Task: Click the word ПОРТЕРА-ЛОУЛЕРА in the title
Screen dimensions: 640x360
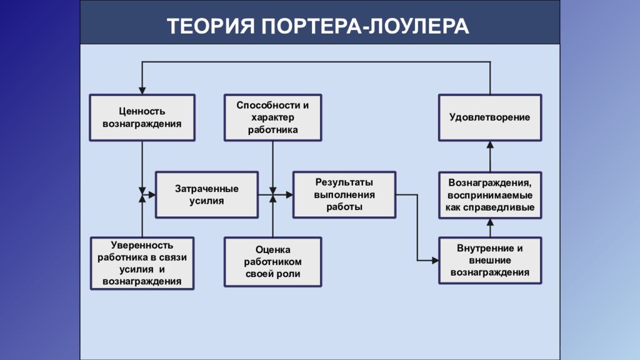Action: (365, 26)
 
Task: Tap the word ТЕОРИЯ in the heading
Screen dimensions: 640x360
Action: (211, 26)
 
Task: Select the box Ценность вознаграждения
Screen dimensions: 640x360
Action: (142, 117)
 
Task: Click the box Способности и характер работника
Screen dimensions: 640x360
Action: (272, 117)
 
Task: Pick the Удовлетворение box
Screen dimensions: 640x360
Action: (490, 117)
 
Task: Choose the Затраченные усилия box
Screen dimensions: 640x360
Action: (206, 195)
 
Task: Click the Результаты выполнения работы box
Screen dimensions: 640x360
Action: (344, 195)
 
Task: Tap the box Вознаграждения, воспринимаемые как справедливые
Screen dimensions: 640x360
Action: (490, 195)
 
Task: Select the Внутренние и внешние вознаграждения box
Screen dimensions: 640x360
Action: (490, 261)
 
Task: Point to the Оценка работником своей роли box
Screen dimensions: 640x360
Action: (272, 262)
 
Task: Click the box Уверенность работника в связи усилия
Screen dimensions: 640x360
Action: (142, 263)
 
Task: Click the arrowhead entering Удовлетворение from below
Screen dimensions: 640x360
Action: (490, 145)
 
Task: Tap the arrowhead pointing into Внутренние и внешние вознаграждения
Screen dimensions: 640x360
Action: (435, 261)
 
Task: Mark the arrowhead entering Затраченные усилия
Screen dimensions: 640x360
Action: (152, 195)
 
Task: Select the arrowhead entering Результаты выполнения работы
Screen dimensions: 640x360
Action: (289, 195)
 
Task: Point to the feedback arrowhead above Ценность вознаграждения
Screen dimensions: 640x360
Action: (142, 91)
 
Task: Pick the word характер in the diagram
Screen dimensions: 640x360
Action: (272, 117)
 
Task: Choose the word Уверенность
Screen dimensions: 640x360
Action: (142, 245)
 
